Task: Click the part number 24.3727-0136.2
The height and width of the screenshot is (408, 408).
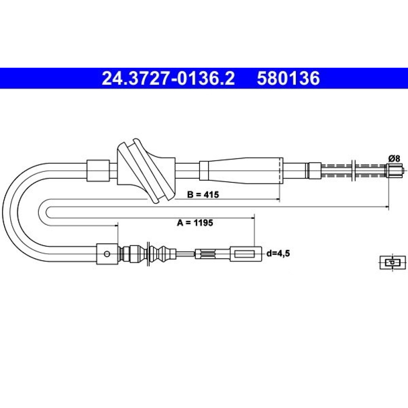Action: (168, 78)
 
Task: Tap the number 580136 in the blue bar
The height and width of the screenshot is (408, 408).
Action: (288, 78)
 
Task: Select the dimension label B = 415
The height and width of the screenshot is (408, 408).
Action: (203, 194)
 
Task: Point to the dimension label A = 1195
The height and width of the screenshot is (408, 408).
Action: (195, 223)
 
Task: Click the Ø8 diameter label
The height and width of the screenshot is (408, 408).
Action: (395, 158)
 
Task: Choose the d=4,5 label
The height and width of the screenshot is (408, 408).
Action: (278, 253)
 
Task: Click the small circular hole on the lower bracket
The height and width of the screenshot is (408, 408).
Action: (106, 254)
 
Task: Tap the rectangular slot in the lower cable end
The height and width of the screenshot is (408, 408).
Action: (244, 254)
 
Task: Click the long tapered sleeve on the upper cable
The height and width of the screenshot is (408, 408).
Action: (241, 171)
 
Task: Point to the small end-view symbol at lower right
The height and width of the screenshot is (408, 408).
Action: (392, 262)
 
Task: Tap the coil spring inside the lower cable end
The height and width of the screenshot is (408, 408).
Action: (207, 253)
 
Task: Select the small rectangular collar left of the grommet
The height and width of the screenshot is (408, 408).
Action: (98, 171)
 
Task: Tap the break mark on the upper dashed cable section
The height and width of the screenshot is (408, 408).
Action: (353, 171)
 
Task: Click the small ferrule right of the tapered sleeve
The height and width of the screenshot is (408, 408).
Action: (315, 171)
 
